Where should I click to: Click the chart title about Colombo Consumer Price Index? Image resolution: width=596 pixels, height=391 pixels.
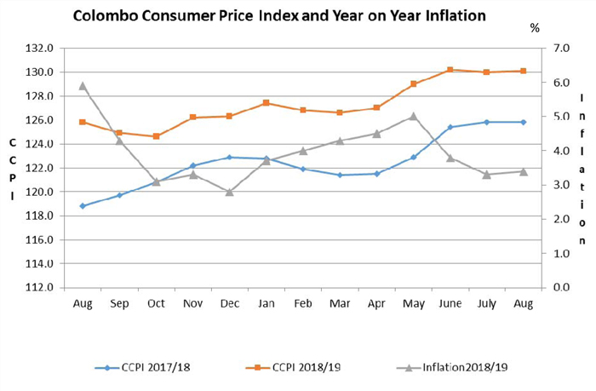click(279, 15)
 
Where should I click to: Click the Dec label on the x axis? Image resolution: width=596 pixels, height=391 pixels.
click(229, 303)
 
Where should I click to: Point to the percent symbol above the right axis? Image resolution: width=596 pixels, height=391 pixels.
click(535, 27)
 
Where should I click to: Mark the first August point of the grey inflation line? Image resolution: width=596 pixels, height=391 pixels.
click(83, 85)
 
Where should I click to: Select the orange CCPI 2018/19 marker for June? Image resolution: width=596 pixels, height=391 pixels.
click(450, 69)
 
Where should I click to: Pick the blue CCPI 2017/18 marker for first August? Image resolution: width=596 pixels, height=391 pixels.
click(83, 205)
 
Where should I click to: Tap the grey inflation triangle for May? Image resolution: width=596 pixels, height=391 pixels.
click(413, 116)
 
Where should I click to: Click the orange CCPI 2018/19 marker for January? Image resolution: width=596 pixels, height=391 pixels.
click(266, 103)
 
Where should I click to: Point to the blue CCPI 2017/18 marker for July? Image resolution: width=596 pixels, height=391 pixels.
click(486, 122)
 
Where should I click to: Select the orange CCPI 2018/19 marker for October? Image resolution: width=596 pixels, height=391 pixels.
click(156, 136)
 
